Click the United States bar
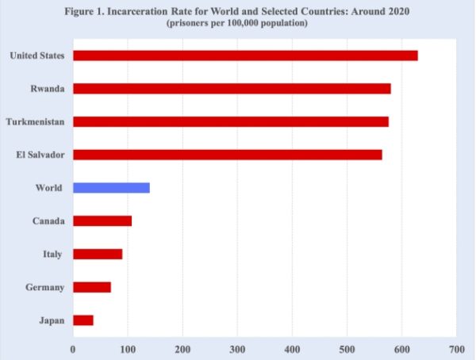pyautogui.click(x=245, y=56)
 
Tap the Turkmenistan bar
pyautogui.click(x=230, y=121)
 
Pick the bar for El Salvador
pyautogui.click(x=227, y=155)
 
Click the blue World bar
pyautogui.click(x=111, y=188)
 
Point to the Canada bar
pyautogui.click(x=102, y=220)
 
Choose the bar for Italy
pyautogui.click(x=98, y=254)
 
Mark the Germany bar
pyautogui.click(x=92, y=287)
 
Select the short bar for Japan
pyautogui.click(x=83, y=320)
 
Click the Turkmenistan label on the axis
pyautogui.click(x=35, y=122)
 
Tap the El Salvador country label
pyautogui.click(x=40, y=155)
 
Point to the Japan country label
pyautogui.click(x=52, y=320)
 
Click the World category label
pyautogui.click(x=50, y=188)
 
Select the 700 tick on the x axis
pyautogui.click(x=455, y=347)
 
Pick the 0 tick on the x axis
pyautogui.click(x=73, y=347)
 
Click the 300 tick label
pyautogui.click(x=237, y=347)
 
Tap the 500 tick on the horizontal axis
pyautogui.click(x=346, y=347)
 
